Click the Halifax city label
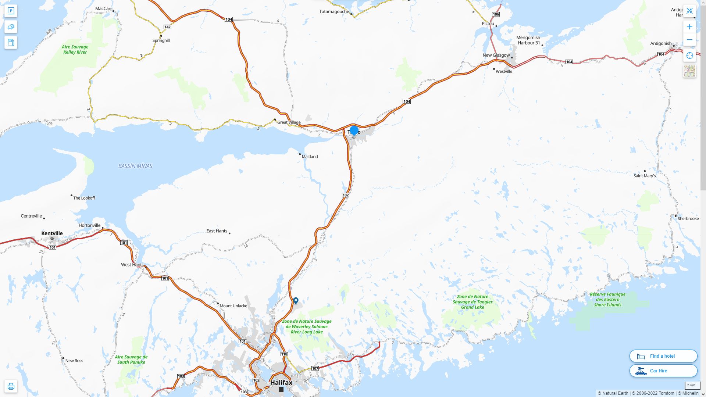tap(281, 382)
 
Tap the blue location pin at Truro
tap(354, 130)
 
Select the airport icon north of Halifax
tap(296, 301)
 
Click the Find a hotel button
tap(663, 356)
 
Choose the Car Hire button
tap(663, 371)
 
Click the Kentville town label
tap(52, 233)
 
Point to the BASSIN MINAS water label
tap(135, 166)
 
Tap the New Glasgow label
tap(496, 55)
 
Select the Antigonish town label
tap(660, 43)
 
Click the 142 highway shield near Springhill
tap(167, 27)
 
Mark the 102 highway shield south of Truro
tap(345, 195)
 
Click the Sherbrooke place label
tap(688, 218)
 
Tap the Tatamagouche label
tap(334, 11)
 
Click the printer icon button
tap(11, 386)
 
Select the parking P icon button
tap(11, 11)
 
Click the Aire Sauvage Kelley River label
tap(75, 49)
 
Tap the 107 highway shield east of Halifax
tap(315, 368)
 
